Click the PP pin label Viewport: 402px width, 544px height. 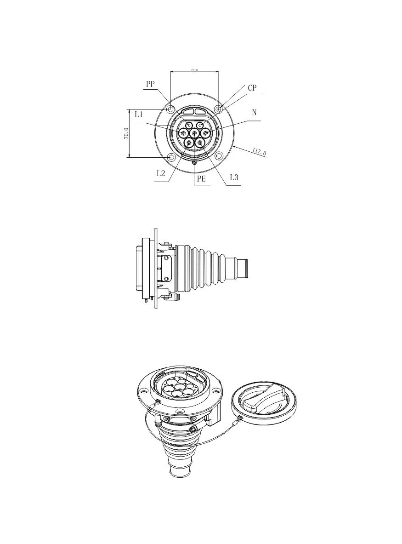150,84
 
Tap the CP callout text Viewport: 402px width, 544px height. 252,88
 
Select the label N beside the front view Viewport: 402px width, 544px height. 254,112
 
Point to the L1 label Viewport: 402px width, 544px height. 139,115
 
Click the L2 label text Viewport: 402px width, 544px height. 161,173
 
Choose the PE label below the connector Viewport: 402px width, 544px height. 201,179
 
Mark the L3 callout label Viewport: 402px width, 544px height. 234,177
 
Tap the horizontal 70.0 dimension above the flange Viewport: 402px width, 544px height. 194,70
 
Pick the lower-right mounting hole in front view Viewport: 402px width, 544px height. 219,157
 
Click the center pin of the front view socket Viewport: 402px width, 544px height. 194,133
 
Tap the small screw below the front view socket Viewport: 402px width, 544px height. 194,162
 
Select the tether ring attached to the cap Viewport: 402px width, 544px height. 239,419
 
